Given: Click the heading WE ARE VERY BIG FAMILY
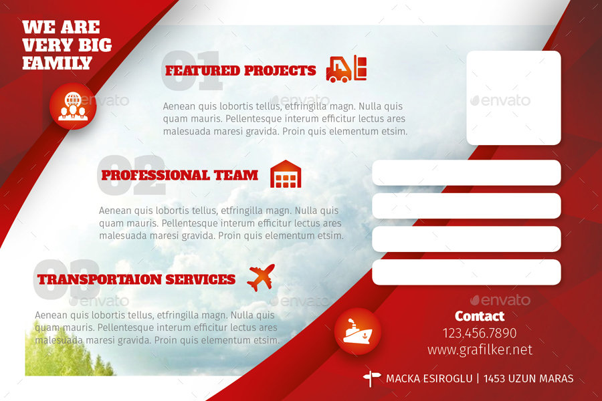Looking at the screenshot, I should click(x=66, y=45).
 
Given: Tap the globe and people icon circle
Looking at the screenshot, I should click(x=73, y=106).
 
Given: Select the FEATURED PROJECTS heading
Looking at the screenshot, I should click(x=240, y=71).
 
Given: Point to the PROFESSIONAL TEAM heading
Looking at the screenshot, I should click(x=179, y=176).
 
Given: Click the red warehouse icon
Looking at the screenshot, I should click(x=286, y=174).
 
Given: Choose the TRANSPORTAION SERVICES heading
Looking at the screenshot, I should click(x=136, y=279).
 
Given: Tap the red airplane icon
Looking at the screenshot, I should click(x=261, y=277).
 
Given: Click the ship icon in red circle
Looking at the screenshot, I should click(x=357, y=331).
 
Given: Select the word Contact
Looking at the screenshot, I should click(x=480, y=316).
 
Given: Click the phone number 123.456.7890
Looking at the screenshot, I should click(x=480, y=333).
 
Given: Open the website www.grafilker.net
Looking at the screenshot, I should click(x=480, y=350).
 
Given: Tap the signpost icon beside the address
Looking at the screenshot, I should click(x=371, y=378).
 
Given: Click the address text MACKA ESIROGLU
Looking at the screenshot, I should click(x=428, y=379).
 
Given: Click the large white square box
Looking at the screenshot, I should click(x=513, y=98).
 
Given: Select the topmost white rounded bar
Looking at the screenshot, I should click(x=466, y=172).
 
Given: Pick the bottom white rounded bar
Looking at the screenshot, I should click(x=466, y=272).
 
